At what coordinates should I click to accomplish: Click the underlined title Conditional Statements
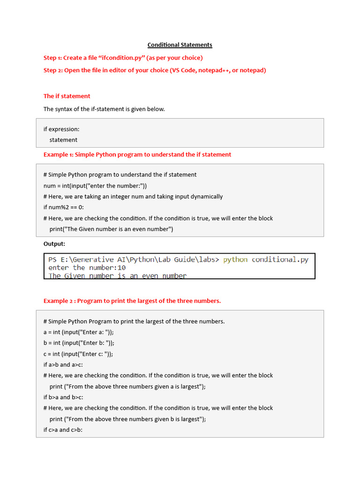pyautogui.click(x=180, y=45)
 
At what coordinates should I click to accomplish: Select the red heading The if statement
pyautogui.click(x=67, y=96)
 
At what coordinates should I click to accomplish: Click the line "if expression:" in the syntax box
pyautogui.click(x=61, y=129)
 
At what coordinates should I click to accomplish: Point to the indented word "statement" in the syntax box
pyautogui.click(x=63, y=140)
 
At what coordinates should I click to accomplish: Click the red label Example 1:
pyautogui.click(x=59, y=154)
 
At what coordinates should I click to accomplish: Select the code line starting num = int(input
pyautogui.click(x=95, y=186)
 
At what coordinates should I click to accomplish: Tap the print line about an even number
pyautogui.click(x=111, y=229)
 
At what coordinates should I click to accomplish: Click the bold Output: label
pyautogui.click(x=54, y=244)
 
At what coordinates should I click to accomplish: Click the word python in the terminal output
pyautogui.click(x=235, y=260)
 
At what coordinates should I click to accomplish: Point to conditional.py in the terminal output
pyautogui.click(x=280, y=260)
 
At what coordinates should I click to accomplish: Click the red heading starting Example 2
pyautogui.click(x=132, y=301)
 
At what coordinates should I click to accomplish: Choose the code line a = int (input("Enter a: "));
pyautogui.click(x=78, y=332)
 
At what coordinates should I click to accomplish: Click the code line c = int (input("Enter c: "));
pyautogui.click(x=78, y=354)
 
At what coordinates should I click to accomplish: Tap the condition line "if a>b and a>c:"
pyautogui.click(x=63, y=365)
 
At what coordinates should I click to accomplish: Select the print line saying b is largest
pyautogui.click(x=127, y=419)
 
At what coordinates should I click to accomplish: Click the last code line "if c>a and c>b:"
pyautogui.click(x=63, y=430)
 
